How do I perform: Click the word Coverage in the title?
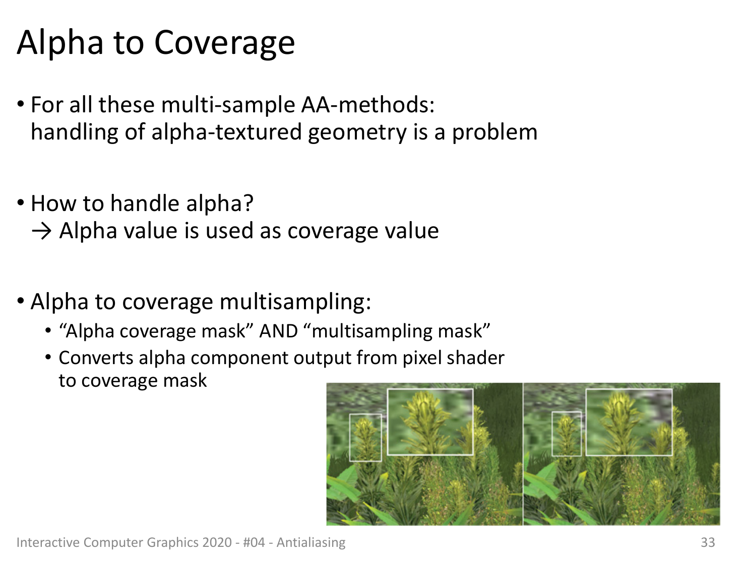pyautogui.click(x=224, y=43)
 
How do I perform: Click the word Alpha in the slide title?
pyautogui.click(x=60, y=43)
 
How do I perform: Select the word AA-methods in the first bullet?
pyautogui.click(x=368, y=104)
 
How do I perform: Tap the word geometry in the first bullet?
pyautogui.click(x=357, y=132)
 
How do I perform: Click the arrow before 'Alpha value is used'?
pyautogui.click(x=41, y=232)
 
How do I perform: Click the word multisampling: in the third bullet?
pyautogui.click(x=295, y=302)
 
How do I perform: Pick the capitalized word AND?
pyautogui.click(x=279, y=331)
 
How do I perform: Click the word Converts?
pyautogui.click(x=96, y=358)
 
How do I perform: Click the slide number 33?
pyautogui.click(x=708, y=542)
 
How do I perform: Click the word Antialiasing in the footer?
pyautogui.click(x=311, y=543)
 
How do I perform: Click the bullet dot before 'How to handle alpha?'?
pyautogui.click(x=21, y=203)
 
